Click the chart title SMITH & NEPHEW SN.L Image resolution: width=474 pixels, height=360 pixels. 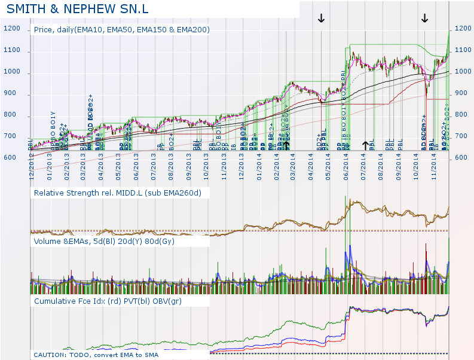tap(78, 10)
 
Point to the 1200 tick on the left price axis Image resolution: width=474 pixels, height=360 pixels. tap(12, 29)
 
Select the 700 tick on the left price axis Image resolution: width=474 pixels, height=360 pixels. tap(12, 136)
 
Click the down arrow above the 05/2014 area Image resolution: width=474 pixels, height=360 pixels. tap(321, 18)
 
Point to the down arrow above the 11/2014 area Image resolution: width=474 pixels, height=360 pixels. tap(424, 18)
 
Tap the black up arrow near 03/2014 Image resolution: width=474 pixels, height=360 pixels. tap(286, 145)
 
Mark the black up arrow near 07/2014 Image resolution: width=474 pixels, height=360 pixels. tap(365, 145)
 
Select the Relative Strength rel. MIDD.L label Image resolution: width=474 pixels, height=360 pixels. tap(118, 193)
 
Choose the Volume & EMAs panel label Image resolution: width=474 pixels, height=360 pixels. tap(108, 242)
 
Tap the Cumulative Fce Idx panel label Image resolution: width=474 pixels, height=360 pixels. tap(108, 301)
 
